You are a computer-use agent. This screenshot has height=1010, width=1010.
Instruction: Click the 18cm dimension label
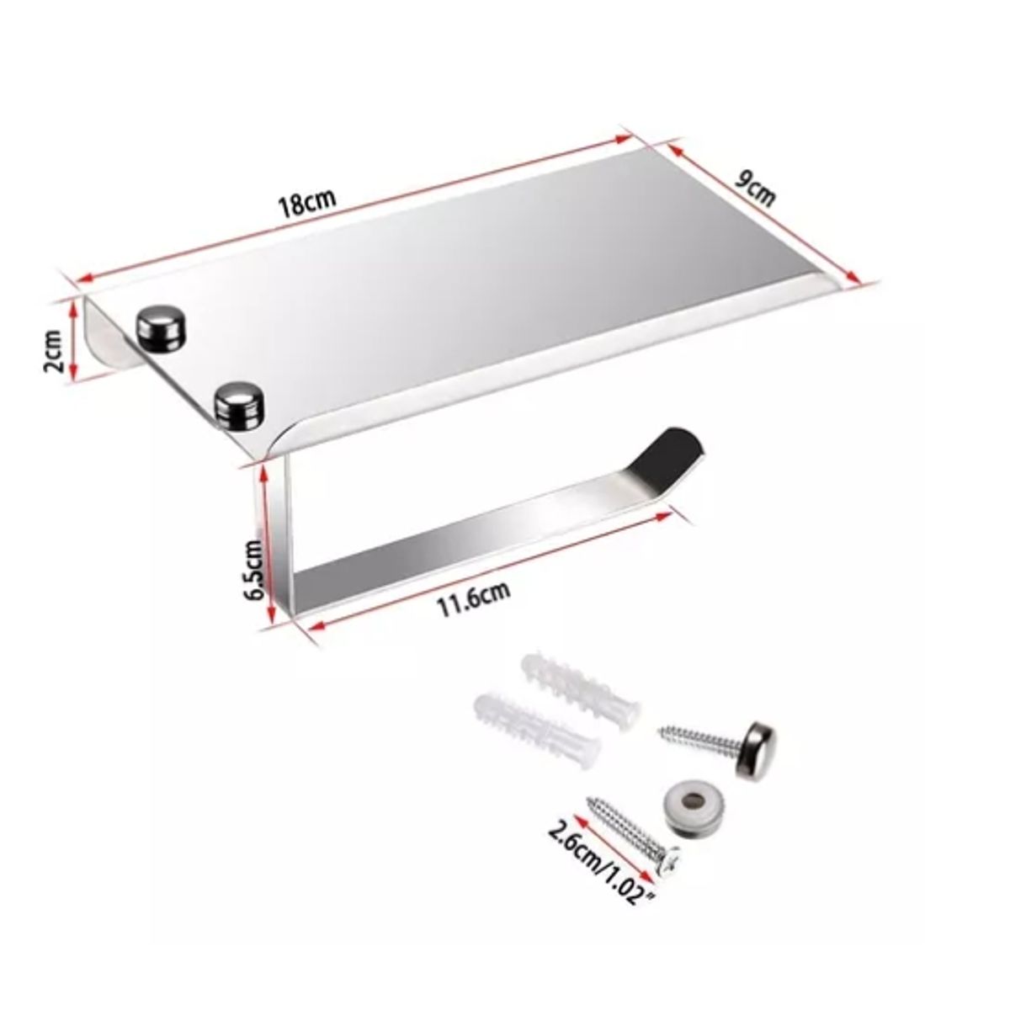pyautogui.click(x=308, y=203)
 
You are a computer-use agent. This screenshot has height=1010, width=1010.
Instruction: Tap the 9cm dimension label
pyautogui.click(x=756, y=188)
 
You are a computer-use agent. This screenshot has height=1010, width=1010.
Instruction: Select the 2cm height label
pyautogui.click(x=52, y=352)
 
